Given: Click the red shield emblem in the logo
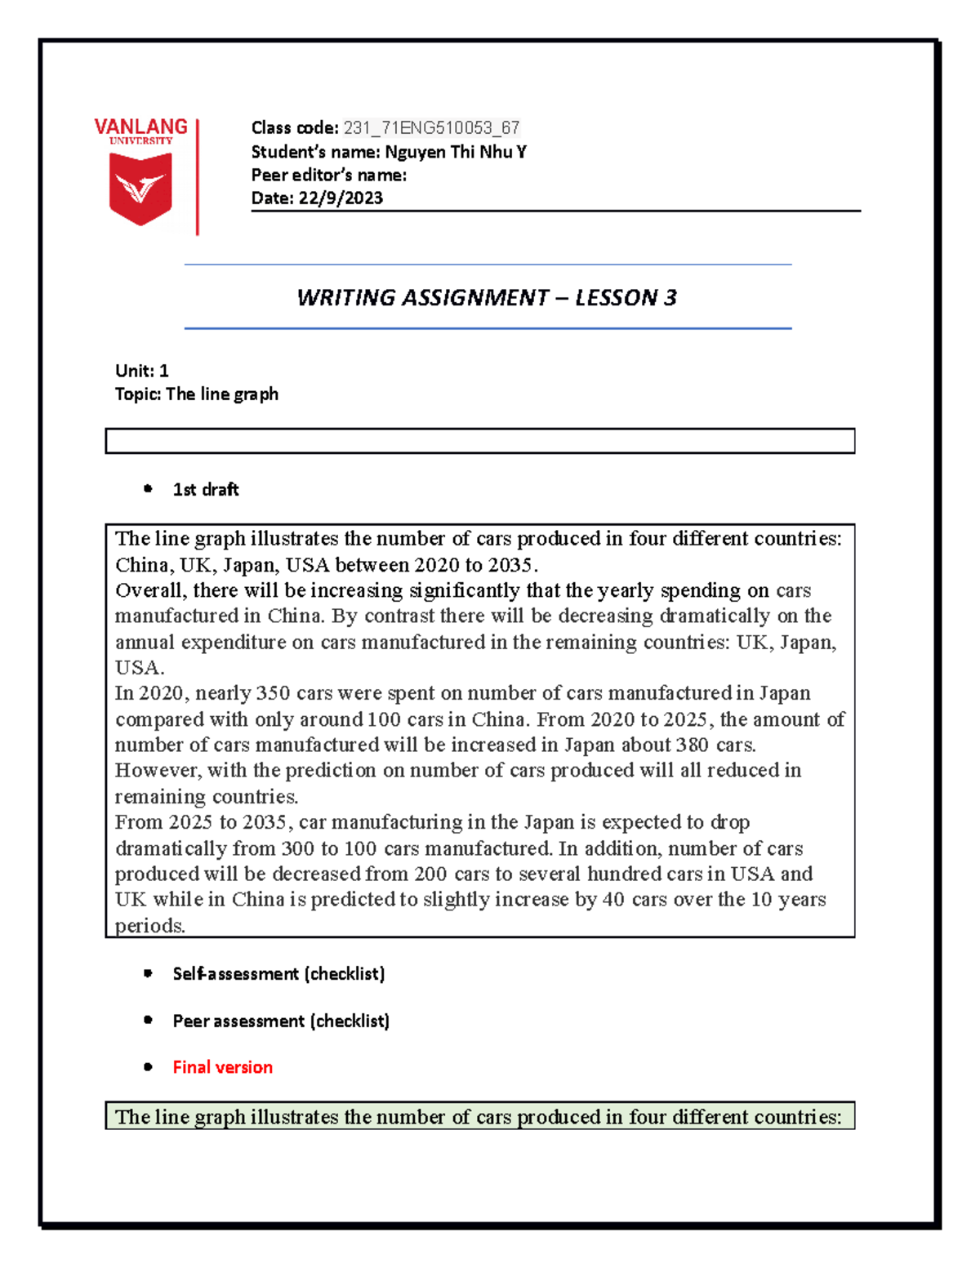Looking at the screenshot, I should pos(140,189).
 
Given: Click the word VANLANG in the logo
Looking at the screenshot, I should pos(140,127).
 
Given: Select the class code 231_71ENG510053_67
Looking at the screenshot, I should pos(431,127).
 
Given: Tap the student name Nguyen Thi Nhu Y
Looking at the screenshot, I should pos(455,152).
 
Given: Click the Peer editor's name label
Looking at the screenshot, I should pos(328,175).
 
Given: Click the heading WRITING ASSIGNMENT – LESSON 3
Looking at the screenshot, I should pos(487,297).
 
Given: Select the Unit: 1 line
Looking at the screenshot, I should pos(141,371).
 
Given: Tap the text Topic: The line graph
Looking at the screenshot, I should pos(196,394).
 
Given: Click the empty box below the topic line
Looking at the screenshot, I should pos(479,441).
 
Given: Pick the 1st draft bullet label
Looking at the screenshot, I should pos(206,489).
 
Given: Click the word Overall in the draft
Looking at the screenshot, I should pos(149,590).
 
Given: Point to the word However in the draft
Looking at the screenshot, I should pos(158,770).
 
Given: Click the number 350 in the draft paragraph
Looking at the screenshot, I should pos(273,693).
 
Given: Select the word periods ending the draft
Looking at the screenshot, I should pos(149,926).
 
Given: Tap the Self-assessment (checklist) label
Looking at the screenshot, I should pos(278,973).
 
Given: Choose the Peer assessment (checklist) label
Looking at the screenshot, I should pos(281,1021).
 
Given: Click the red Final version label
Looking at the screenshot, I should pos(222,1067).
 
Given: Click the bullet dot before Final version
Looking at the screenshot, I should pos(148,1067).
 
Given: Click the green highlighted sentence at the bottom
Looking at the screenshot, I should pos(479,1117).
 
